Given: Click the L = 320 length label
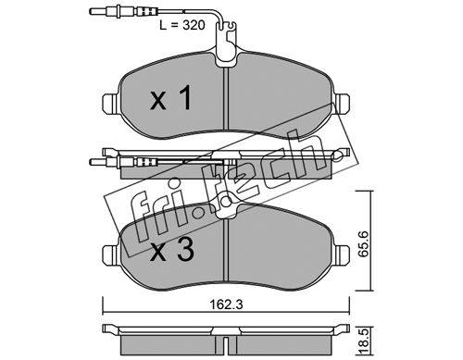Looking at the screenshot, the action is click(x=182, y=25).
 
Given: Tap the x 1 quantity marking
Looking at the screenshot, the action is click(x=170, y=98).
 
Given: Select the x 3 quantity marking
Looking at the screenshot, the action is click(x=171, y=250).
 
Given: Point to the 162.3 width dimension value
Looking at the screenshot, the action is click(x=227, y=304).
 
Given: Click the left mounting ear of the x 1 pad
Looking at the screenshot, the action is click(x=109, y=103).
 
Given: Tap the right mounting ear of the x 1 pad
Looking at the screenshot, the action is click(x=343, y=103).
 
